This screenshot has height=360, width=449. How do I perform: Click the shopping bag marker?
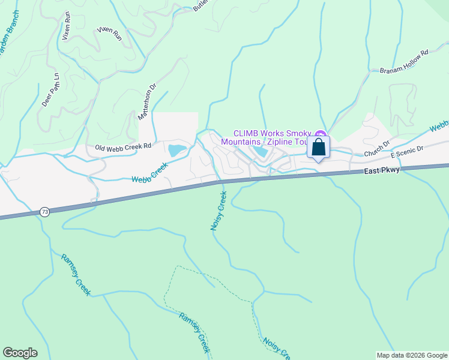318,148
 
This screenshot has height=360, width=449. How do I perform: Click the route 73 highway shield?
44,212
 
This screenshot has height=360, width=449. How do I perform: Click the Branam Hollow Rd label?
404,62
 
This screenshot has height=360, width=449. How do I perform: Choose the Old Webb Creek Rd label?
122,146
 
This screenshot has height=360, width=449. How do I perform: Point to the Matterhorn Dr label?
146,100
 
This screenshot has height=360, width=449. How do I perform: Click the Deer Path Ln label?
51,90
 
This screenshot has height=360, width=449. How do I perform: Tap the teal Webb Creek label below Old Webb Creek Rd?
149,173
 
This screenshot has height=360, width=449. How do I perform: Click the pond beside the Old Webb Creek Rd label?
177,150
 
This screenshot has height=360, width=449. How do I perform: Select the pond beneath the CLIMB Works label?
262,152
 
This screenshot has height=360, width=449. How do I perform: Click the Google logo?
20,352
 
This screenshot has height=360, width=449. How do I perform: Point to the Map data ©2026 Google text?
411,355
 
